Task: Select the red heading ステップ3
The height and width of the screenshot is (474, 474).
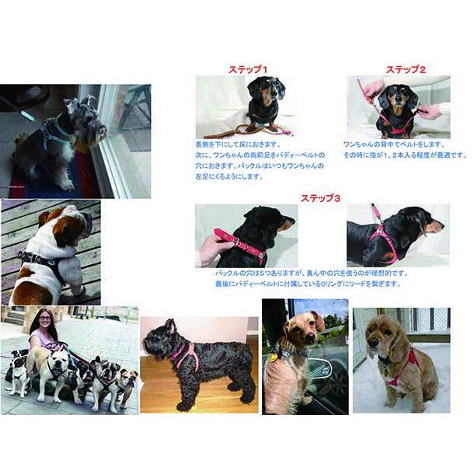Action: (320, 198)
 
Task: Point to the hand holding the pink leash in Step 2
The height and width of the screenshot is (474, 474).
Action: (372, 88)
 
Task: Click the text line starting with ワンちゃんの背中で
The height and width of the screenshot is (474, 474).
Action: (396, 145)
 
